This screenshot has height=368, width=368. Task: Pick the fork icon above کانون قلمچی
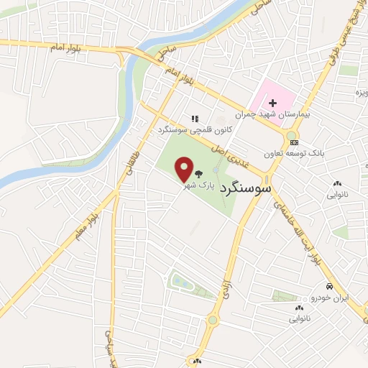[193, 118]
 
